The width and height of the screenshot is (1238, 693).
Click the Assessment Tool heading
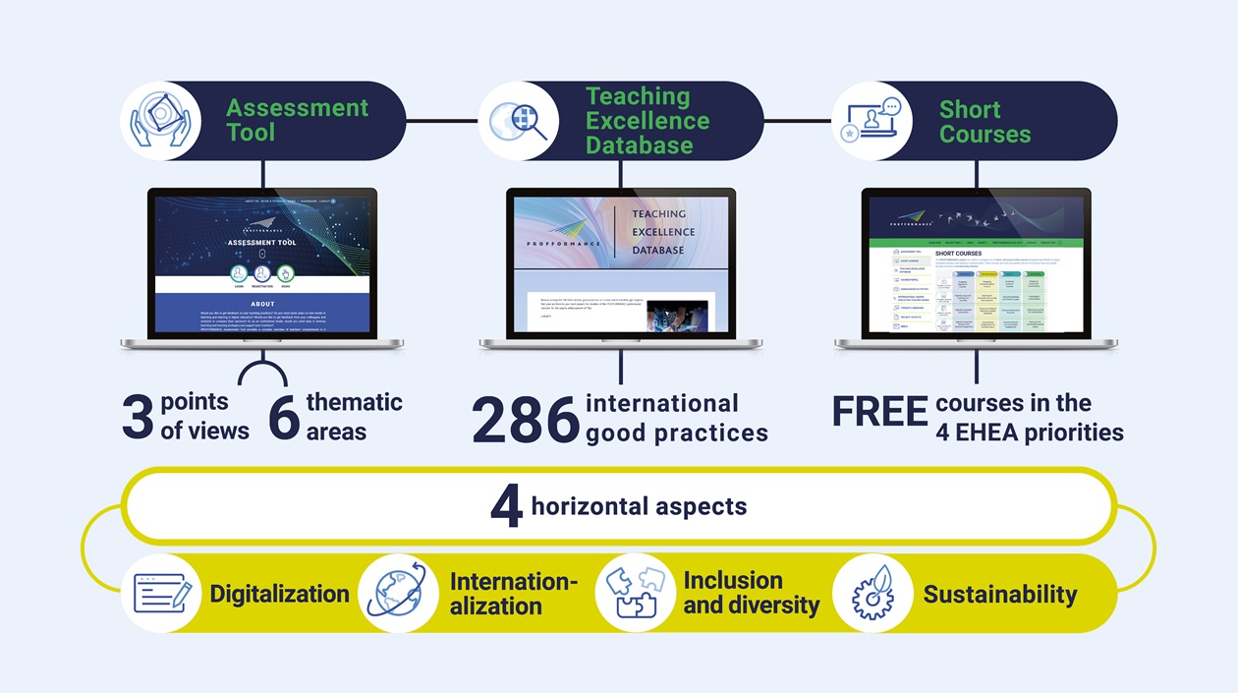pos(297,120)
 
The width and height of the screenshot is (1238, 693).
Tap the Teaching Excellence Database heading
pos(647,121)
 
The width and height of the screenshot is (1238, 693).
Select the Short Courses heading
pos(985,121)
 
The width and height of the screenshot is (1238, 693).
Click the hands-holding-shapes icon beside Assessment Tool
pos(160,121)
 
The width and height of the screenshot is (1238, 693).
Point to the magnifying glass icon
pos(518,121)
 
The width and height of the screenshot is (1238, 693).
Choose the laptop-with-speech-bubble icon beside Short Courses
pos(872,121)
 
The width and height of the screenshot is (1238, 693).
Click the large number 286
pos(526,420)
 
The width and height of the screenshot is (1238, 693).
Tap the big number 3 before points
pos(138,417)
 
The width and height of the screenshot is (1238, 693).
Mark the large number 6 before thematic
pos(284,417)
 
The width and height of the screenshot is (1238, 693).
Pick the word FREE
pos(879,413)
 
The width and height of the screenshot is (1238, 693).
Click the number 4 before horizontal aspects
pos(506,508)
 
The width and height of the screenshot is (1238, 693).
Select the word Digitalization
pos(279,594)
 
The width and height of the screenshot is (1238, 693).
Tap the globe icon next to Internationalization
pos(398,593)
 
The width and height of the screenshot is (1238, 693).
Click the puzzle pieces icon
pos(635,593)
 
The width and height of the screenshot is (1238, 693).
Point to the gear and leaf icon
pos(872,593)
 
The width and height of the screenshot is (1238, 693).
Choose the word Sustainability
pos(999,594)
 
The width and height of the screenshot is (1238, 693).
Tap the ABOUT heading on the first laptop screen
pos(262,304)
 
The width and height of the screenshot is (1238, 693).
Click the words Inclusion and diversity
pos(751,593)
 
